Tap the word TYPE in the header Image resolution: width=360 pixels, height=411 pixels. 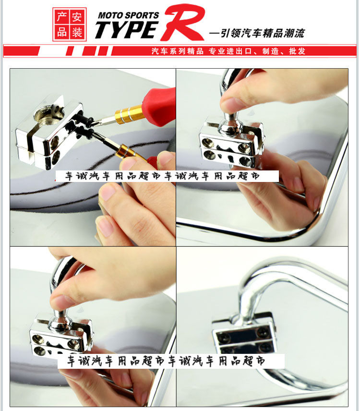point(126,30)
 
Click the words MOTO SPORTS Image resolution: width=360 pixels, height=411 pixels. point(128,15)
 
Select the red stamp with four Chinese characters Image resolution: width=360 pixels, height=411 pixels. point(70,24)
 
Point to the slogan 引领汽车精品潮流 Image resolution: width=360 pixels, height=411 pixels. point(263,33)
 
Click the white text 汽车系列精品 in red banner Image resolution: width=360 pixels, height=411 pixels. point(178,51)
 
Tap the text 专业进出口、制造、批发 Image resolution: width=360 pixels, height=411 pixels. point(257,51)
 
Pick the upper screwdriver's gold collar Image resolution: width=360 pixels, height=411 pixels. point(128,114)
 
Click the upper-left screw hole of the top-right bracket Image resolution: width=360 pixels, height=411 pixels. point(208,143)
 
